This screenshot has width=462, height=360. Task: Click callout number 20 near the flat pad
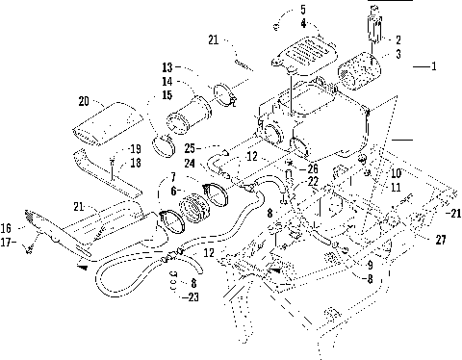pyautogui.click(x=84, y=99)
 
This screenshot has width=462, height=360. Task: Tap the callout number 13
pyautogui.click(x=167, y=67)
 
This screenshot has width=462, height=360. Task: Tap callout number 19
pyautogui.click(x=135, y=149)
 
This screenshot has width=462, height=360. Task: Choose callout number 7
pyautogui.click(x=171, y=177)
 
